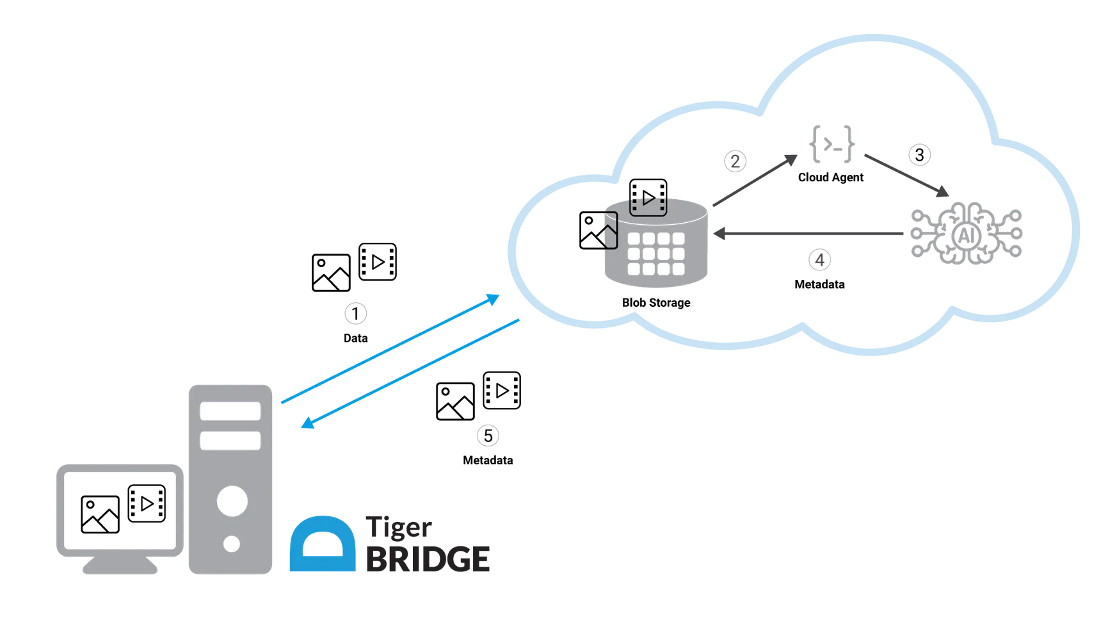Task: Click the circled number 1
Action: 355,314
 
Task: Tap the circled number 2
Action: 735,161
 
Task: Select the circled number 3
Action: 919,155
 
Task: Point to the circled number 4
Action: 819,260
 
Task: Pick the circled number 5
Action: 488,436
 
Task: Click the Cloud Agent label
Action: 830,177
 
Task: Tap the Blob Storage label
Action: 656,303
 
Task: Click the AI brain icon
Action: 966,233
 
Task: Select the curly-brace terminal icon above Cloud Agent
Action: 832,143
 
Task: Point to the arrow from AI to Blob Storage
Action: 808,234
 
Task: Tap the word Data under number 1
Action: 355,338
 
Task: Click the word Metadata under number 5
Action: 488,461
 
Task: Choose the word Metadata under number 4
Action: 819,284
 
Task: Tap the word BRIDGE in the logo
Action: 428,559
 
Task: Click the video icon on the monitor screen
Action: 147,504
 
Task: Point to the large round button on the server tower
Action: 232,502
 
